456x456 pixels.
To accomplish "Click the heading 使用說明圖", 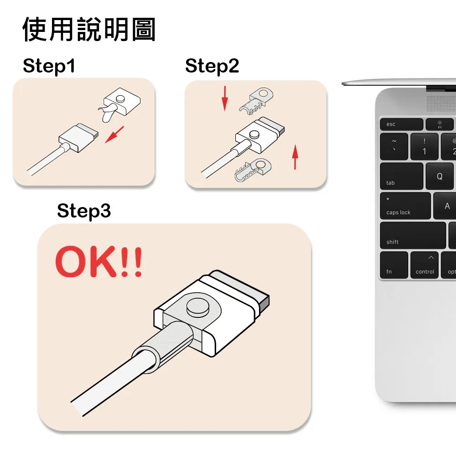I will click(x=89, y=30).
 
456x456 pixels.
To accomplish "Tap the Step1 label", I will click(x=49, y=66).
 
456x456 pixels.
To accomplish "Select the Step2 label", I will click(x=212, y=66).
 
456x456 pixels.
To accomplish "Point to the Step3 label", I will click(x=84, y=211).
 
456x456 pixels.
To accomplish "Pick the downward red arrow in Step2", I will click(x=224, y=98).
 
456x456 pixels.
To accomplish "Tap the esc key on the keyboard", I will click(x=401, y=124).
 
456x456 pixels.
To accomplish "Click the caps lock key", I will click(x=405, y=206).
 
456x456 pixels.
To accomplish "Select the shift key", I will click(x=413, y=236).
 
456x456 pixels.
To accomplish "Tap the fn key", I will click(x=394, y=265).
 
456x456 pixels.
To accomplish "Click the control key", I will click(x=425, y=265).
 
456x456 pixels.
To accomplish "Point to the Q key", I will click(x=440, y=176).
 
